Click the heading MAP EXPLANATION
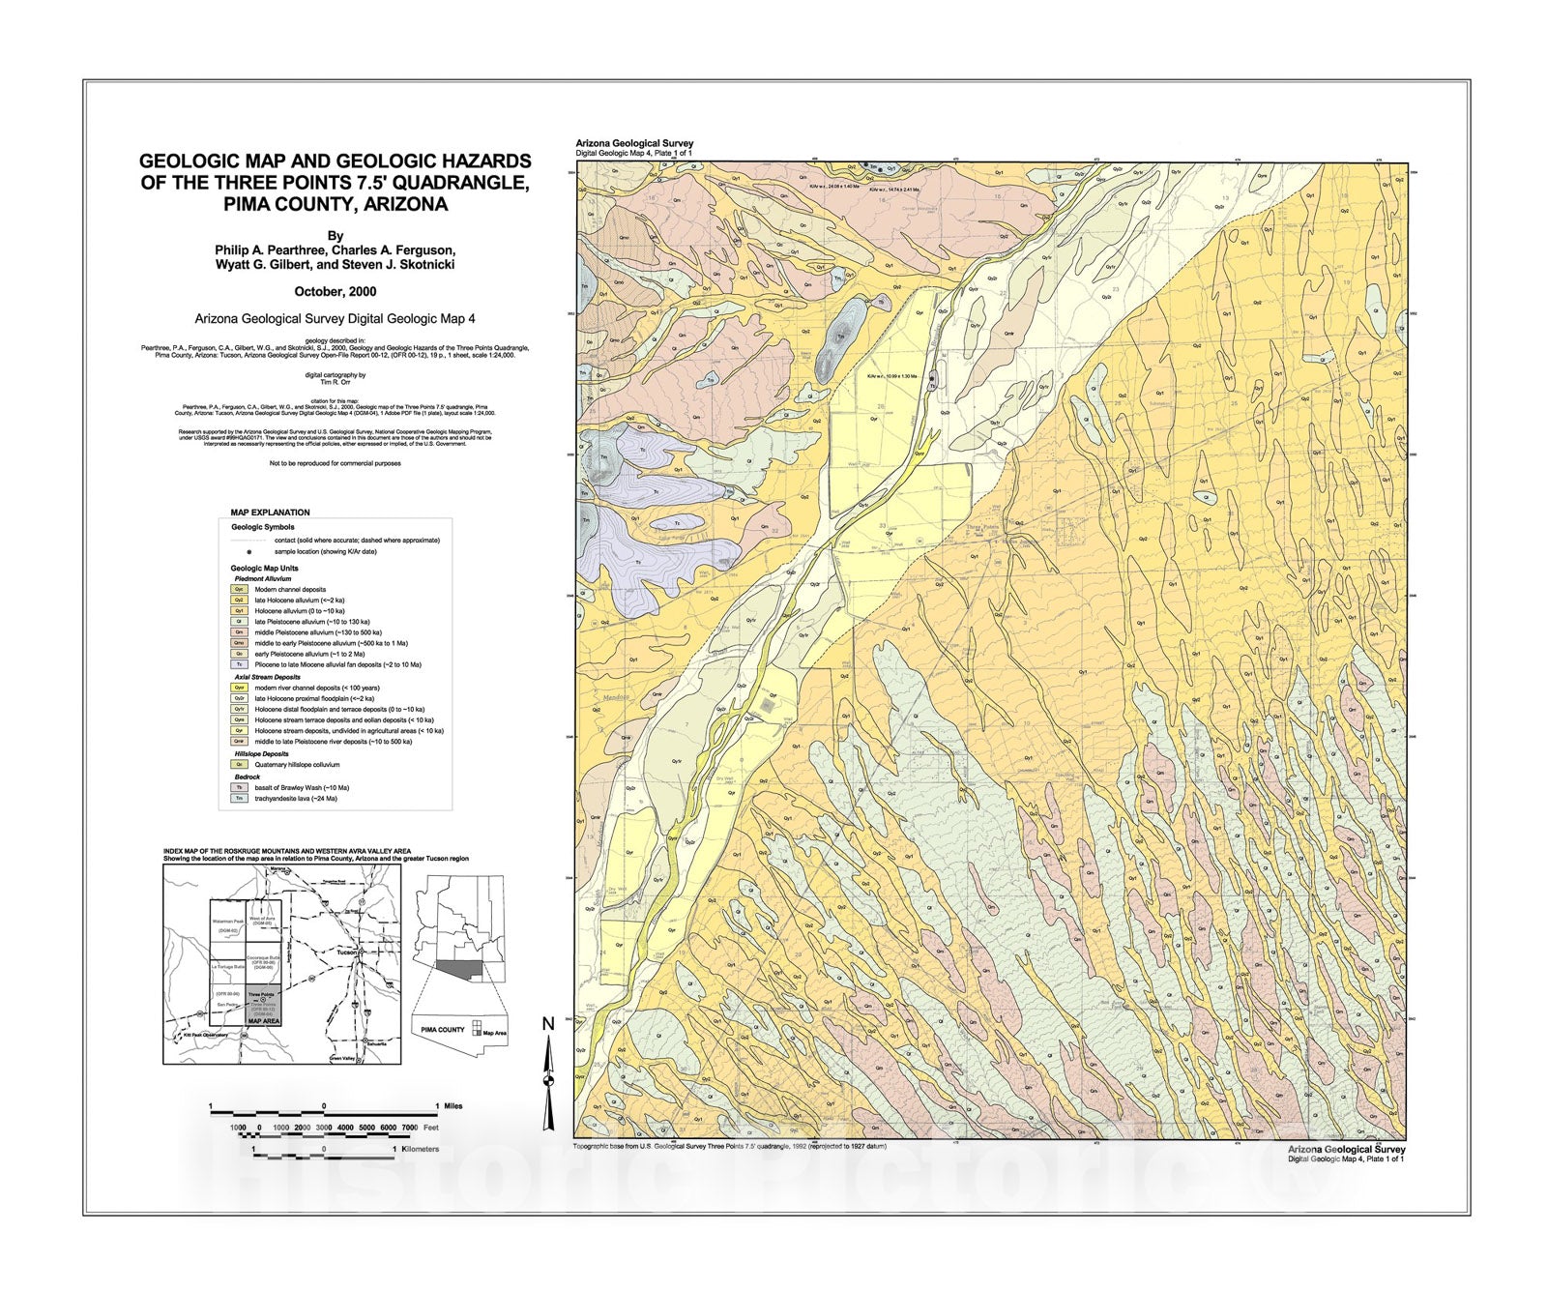270,513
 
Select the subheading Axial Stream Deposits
268,677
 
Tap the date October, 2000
335,291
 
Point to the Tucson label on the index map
348,953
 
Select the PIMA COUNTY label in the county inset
443,1030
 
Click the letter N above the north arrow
547,1024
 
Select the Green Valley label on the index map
343,1058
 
